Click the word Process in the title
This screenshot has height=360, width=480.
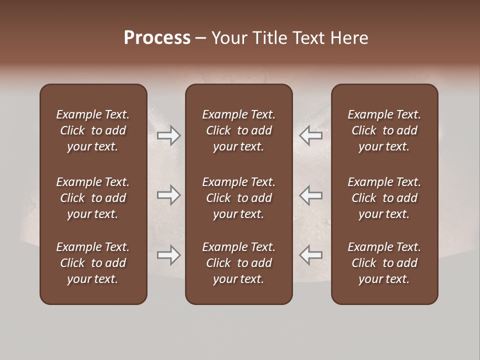[157, 38]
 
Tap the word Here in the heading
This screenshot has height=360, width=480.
[349, 38]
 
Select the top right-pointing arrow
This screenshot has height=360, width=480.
[168, 135]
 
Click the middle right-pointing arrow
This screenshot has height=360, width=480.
[168, 195]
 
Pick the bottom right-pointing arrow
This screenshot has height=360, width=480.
[168, 255]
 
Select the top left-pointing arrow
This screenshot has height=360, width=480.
[311, 135]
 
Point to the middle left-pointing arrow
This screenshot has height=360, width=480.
[311, 195]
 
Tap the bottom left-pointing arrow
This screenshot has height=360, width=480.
[311, 255]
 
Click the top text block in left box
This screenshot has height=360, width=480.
[93, 130]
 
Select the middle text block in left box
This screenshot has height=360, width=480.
[93, 198]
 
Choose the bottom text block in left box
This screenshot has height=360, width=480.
[93, 263]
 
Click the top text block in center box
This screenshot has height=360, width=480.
[238, 130]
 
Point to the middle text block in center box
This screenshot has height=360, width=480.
[238, 198]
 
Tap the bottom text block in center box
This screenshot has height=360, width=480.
[238, 263]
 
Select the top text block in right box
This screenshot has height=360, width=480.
[384, 130]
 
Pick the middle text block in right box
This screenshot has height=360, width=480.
[384, 198]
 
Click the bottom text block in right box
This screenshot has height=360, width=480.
[384, 263]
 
